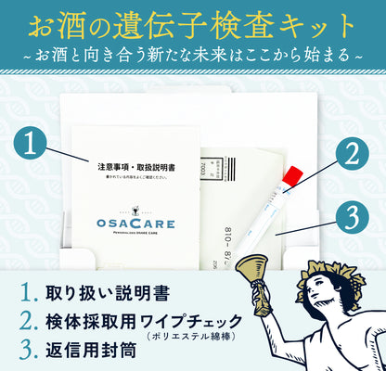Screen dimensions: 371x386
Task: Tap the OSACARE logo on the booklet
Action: point(135,224)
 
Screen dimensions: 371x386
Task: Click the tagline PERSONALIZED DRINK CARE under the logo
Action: point(135,238)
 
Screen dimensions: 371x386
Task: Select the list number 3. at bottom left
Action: point(29,352)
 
